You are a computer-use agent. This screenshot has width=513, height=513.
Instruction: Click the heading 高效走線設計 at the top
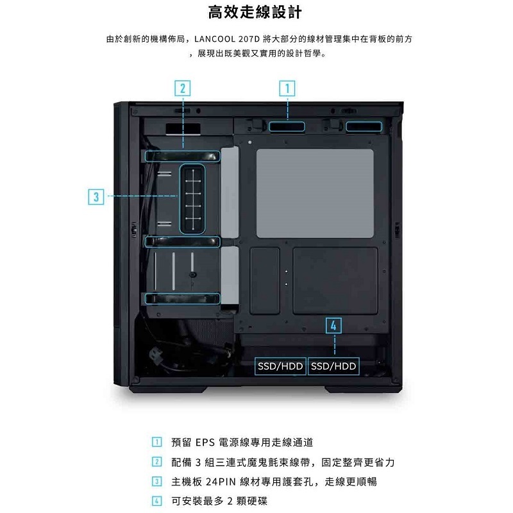pyautogui.click(x=256, y=12)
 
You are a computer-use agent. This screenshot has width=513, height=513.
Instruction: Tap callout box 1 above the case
pyautogui.click(x=287, y=88)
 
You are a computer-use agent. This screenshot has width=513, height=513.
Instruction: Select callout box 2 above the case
pyautogui.click(x=183, y=88)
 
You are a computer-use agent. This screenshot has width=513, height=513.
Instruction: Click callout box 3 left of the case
pyautogui.click(x=95, y=196)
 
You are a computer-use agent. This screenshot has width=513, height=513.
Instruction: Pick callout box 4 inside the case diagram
pyautogui.click(x=334, y=324)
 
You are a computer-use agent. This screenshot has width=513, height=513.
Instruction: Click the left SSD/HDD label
pyautogui.click(x=281, y=366)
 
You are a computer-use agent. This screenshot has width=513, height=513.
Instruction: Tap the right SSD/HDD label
pyautogui.click(x=333, y=366)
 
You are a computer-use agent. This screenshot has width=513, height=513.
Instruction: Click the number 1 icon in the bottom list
pyautogui.click(x=156, y=442)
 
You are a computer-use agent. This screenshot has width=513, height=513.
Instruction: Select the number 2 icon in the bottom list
pyautogui.click(x=156, y=462)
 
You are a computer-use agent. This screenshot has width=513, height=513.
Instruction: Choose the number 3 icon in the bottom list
pyautogui.click(x=156, y=481)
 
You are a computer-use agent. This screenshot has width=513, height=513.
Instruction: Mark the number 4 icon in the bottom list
pyautogui.click(x=156, y=500)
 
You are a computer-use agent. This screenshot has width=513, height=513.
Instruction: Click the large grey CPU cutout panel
pyautogui.click(x=314, y=192)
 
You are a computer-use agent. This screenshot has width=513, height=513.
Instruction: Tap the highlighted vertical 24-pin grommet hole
pyautogui.click(x=192, y=198)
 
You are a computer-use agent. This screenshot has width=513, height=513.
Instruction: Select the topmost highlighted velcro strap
pyautogui.click(x=183, y=155)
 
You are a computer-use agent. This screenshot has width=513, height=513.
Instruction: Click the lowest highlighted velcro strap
pyautogui.click(x=183, y=298)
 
